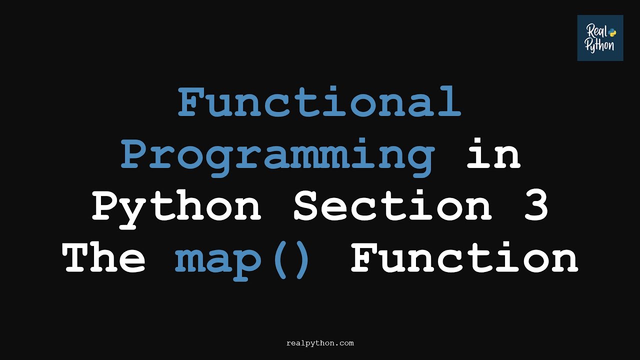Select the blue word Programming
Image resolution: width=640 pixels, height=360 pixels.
277,154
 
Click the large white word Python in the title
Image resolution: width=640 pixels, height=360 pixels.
176,207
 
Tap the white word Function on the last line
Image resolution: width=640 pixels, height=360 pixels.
464,258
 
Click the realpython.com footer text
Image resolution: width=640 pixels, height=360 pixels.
320,343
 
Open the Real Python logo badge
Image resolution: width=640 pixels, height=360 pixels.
600,38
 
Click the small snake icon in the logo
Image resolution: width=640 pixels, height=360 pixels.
612,32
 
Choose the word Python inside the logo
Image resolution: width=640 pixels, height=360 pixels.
600,46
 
